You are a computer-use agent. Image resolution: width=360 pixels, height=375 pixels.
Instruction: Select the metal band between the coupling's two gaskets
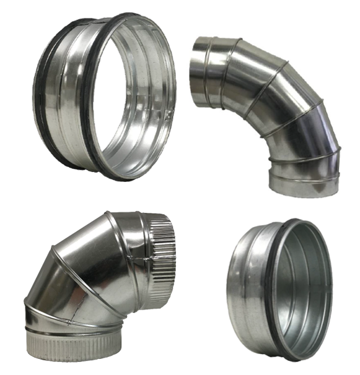pos(62,93)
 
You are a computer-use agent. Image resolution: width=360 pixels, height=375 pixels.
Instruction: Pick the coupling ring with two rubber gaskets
pos(105,96)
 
